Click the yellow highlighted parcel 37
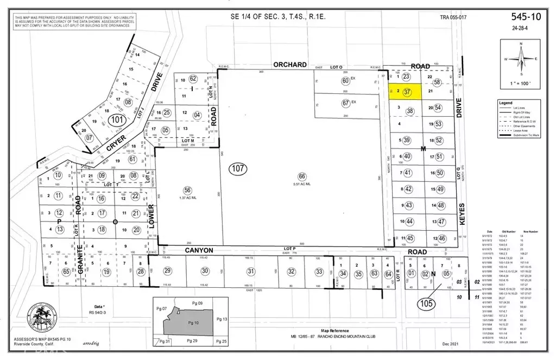[407, 92]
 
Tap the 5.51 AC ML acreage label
[302, 184]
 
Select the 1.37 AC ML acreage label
[188, 198]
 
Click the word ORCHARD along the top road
[290, 65]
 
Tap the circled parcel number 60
[345, 81]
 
